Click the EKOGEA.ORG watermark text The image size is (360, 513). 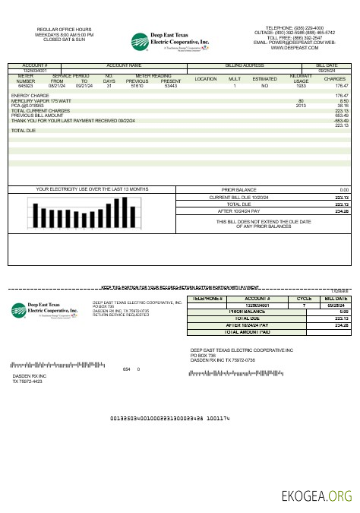pyautogui.click(x=317, y=497)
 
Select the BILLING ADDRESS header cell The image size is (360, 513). pyautogui.click(x=244, y=66)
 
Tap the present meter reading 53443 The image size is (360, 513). pyautogui.click(x=171, y=86)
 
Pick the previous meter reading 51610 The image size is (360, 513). pyautogui.click(x=137, y=86)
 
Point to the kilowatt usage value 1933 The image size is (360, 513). pyautogui.click(x=301, y=86)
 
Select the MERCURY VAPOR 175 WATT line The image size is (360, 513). pyautogui.click(x=36, y=100)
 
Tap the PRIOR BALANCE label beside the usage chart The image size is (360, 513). pyautogui.click(x=238, y=189)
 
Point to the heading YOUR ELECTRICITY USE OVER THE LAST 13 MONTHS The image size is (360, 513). pyautogui.click(x=81, y=188)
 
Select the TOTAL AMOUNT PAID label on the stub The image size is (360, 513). pyautogui.click(x=248, y=331)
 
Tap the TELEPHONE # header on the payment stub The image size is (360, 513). pyautogui.click(x=208, y=299)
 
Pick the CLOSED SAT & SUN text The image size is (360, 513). pyautogui.click(x=65, y=40)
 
